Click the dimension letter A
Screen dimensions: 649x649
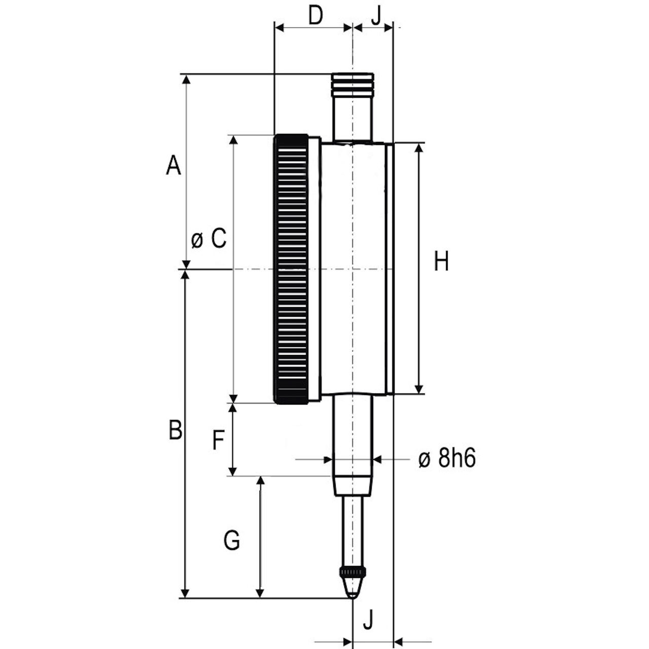173,165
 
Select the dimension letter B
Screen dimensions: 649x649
175,430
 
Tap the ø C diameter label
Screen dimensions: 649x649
209,239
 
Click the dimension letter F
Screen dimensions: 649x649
219,440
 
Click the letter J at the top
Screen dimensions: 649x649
377,15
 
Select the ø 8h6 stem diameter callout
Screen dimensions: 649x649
447,459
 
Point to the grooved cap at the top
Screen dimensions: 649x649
352,85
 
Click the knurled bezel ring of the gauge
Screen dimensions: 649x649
291,269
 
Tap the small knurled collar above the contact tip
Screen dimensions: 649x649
352,571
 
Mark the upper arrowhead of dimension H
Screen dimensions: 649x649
419,149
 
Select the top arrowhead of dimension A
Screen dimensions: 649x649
186,80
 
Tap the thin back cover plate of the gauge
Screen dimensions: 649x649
390,269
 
